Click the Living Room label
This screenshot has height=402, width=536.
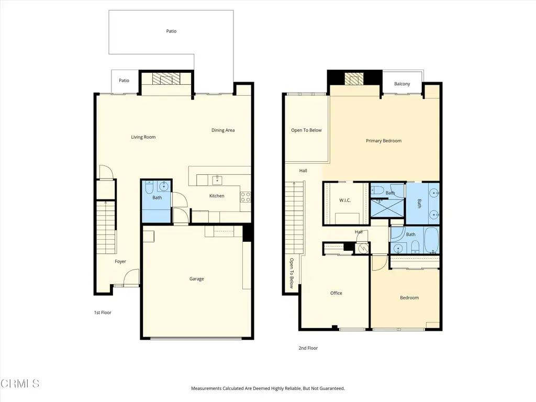pyautogui.click(x=143, y=137)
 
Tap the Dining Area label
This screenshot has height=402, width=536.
pyautogui.click(x=223, y=130)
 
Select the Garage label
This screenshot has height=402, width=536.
pyautogui.click(x=197, y=279)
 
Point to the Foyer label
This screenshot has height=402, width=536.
pyautogui.click(x=120, y=262)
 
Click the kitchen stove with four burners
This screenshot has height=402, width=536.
pyautogui.click(x=245, y=197)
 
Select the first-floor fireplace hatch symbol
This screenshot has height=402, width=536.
pyautogui.click(x=166, y=79)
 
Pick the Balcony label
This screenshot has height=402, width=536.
pyautogui.click(x=402, y=84)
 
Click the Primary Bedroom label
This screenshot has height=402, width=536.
pyautogui.click(x=384, y=141)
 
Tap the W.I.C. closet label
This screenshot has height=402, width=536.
pyautogui.click(x=345, y=200)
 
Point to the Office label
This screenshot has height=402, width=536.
pyautogui.click(x=336, y=293)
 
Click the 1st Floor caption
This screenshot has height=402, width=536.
pyautogui.click(x=103, y=312)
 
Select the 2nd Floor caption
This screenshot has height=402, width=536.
pyautogui.click(x=308, y=348)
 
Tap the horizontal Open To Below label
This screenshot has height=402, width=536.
pyautogui.click(x=306, y=130)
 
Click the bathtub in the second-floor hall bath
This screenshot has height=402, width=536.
pyautogui.click(x=431, y=240)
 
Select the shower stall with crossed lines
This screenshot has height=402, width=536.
pyautogui.click(x=387, y=208)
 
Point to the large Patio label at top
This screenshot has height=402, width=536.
pyautogui.click(x=171, y=31)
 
